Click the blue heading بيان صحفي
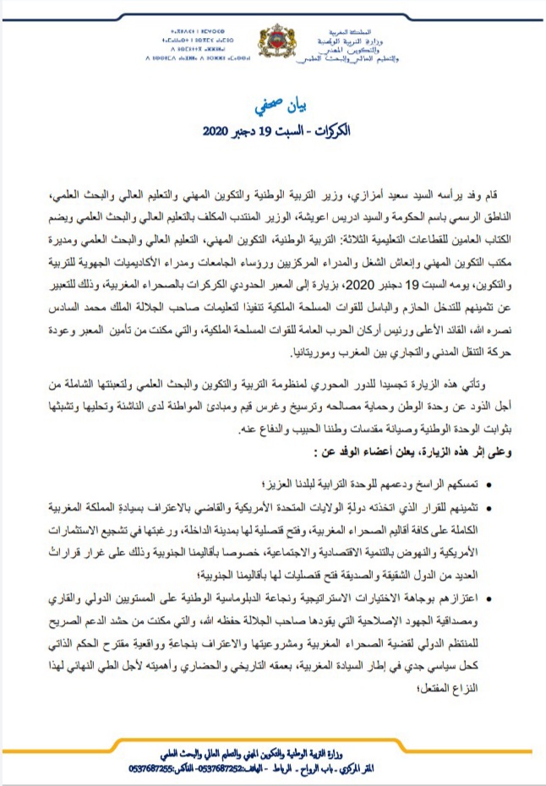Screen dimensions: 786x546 click(274, 106)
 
